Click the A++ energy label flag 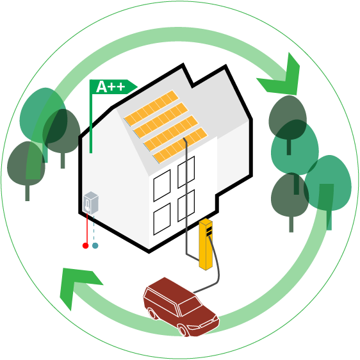[x=113, y=86]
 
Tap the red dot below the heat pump [x=85, y=246]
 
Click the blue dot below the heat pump [x=95, y=246]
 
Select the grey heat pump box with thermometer [x=91, y=203]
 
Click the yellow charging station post [x=206, y=245]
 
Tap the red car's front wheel [x=183, y=331]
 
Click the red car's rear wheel [x=152, y=314]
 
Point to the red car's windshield [x=190, y=306]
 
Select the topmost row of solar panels [x=151, y=108]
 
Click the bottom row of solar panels [x=180, y=145]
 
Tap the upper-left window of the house [x=162, y=186]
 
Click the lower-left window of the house [x=162, y=219]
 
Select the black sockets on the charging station [x=209, y=231]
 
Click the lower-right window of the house [x=186, y=206]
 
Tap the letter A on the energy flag [x=102, y=86]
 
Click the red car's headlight [x=193, y=327]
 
